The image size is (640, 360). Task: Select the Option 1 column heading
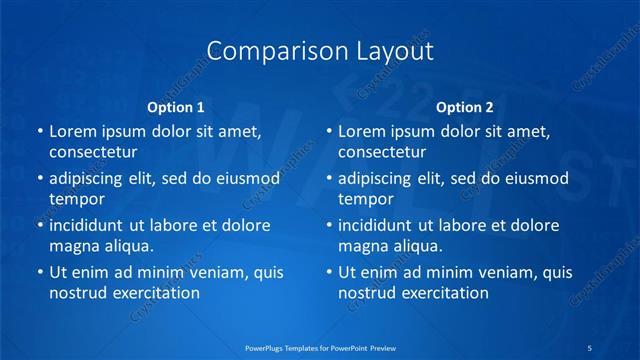176,107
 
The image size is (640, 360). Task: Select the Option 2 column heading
465,107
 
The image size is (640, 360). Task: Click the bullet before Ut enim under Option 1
39,272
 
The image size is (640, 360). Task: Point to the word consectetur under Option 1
93,152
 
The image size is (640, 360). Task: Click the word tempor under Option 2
366,199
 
